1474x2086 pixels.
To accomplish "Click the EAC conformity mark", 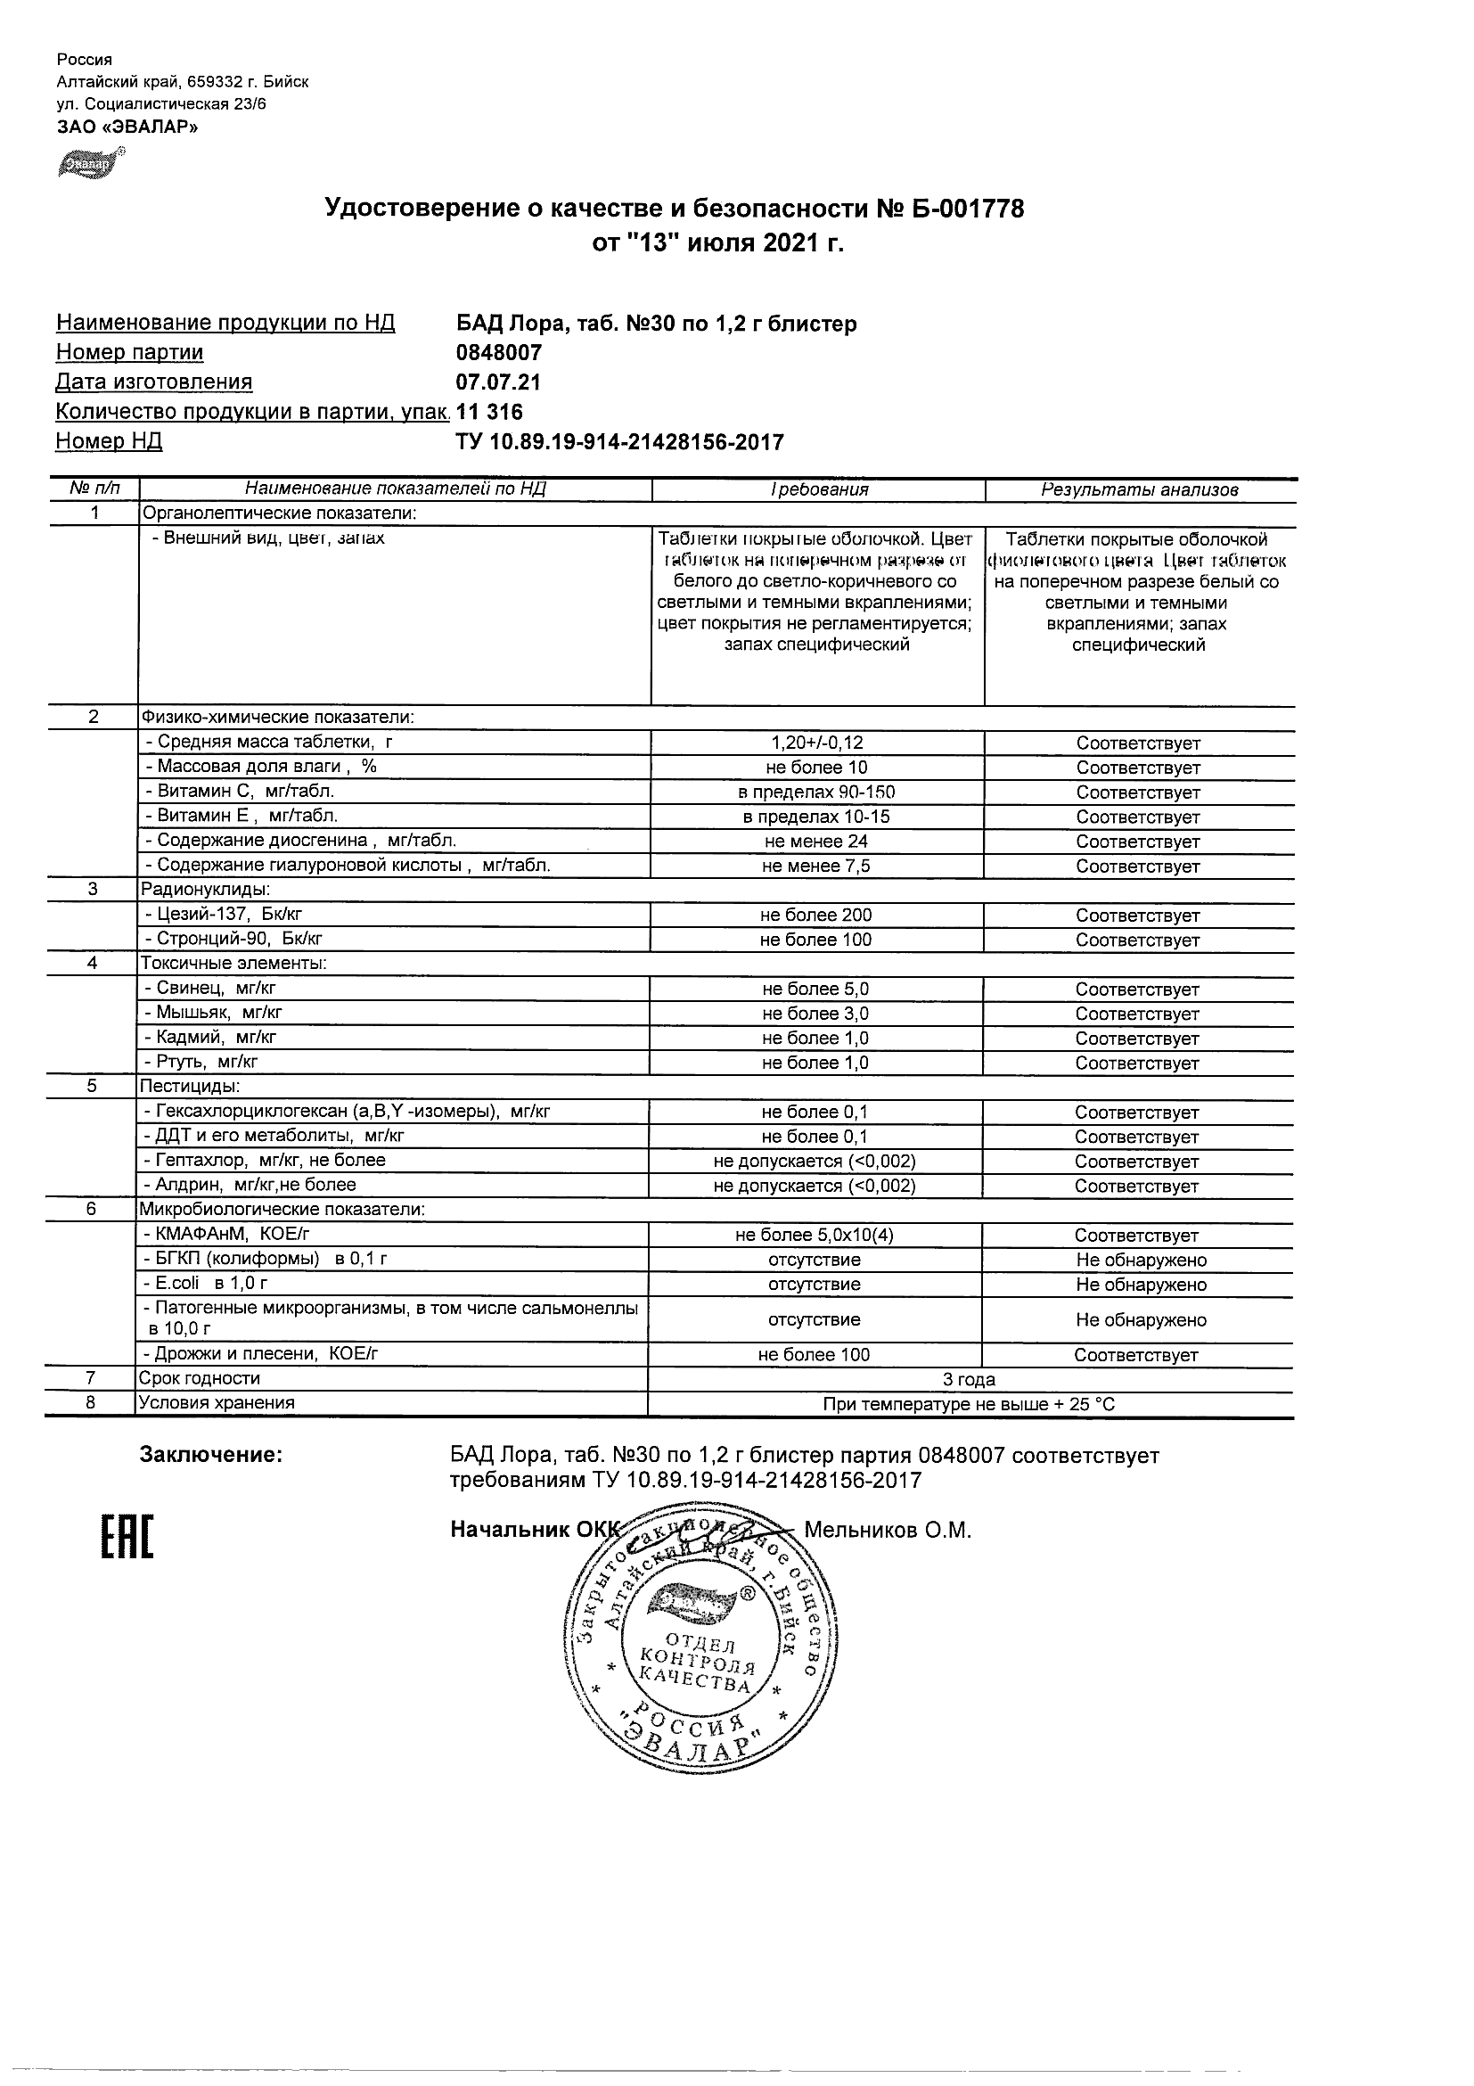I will pos(127,1538).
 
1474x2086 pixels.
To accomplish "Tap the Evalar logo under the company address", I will pos(89,162).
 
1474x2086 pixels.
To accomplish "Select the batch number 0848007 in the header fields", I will pos(498,352).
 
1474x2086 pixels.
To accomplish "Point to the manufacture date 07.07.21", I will pos(497,382).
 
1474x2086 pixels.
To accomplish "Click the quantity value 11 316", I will pos(489,413).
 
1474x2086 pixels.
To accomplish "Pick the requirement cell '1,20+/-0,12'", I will pos(816,743).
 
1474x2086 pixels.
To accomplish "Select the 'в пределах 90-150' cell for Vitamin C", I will pos(816,793).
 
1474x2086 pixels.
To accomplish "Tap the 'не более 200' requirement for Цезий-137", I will pos(815,915).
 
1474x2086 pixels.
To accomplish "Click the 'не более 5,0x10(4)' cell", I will pos(815,1235).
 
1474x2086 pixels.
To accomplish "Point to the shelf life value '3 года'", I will pos(969,1380).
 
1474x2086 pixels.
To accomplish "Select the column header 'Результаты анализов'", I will pos(1140,490).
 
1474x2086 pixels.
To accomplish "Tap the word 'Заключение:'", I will pos(210,1456).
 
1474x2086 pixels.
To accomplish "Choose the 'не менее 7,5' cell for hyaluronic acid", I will pos(815,866).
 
